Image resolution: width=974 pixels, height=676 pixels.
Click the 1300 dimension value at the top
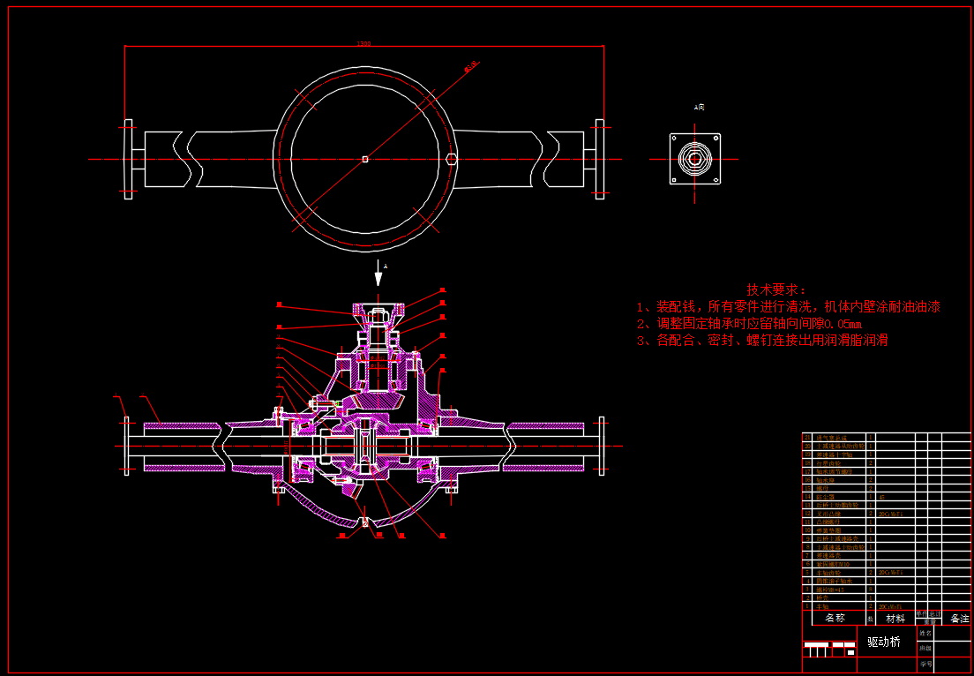[363, 43]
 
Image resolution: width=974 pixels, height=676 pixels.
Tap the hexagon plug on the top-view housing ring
[451, 160]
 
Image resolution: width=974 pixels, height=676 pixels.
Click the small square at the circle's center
[364, 160]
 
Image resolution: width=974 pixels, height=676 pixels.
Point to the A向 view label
[699, 107]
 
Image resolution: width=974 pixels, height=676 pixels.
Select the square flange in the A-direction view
[695, 159]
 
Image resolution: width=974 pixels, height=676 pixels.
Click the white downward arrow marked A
[378, 275]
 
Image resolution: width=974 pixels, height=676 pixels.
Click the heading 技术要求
[776, 289]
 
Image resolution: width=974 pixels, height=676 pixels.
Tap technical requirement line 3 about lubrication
[762, 340]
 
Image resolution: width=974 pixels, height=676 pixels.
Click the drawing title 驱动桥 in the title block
[883, 642]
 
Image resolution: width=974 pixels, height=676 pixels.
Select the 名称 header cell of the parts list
[835, 618]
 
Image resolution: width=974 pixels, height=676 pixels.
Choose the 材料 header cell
[895, 618]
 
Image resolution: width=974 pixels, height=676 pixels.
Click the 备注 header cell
[959, 618]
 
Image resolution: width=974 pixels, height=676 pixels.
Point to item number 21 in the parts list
[806, 438]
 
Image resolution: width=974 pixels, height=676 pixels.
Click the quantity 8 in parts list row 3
[871, 590]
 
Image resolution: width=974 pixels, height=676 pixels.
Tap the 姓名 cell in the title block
[925, 633]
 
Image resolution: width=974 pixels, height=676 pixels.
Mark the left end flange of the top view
[128, 160]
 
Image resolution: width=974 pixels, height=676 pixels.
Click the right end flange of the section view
[601, 446]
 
